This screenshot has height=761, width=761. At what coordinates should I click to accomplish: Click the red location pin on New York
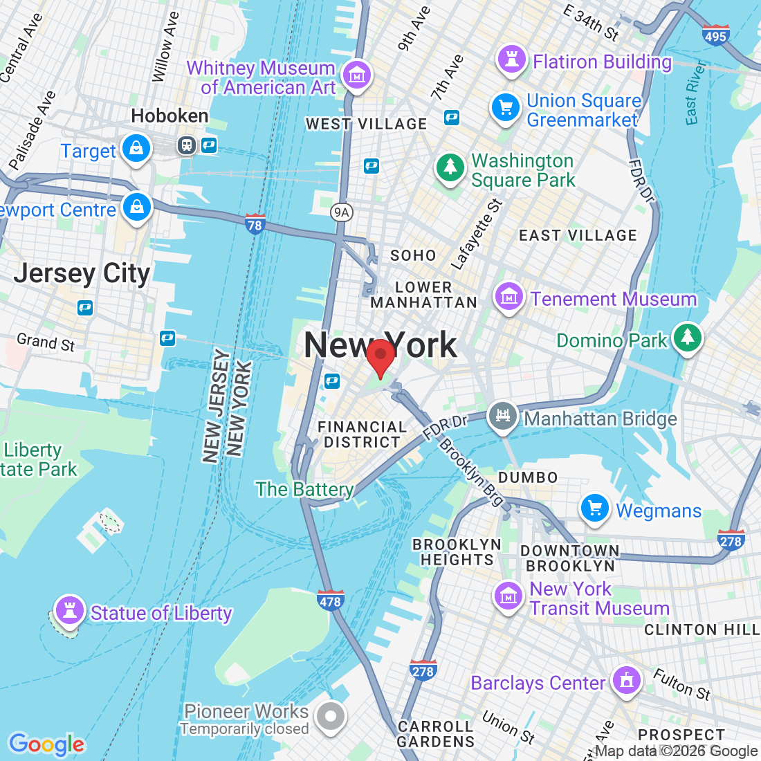coord(380,356)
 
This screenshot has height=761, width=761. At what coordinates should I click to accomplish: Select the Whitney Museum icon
coord(357,75)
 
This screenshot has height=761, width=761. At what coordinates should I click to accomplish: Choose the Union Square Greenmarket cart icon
coord(506,108)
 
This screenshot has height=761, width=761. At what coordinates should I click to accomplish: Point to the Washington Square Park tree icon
coord(450,168)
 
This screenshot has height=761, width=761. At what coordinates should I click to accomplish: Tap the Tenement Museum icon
coord(509,297)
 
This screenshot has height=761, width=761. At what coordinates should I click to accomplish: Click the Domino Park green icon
coord(687,338)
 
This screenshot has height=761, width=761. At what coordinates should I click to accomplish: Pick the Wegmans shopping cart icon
coord(594,509)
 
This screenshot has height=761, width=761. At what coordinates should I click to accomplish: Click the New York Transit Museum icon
coord(508,596)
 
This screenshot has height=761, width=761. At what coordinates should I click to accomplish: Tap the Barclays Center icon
coord(626,681)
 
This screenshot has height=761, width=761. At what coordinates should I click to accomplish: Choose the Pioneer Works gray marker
coord(331,717)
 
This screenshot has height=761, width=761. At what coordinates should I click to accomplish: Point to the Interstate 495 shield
coord(715,35)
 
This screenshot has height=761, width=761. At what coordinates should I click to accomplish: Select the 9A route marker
coord(340,212)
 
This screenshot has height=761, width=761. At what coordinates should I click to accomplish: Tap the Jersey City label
coord(82,274)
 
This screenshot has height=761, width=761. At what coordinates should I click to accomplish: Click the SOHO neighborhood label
coord(413,255)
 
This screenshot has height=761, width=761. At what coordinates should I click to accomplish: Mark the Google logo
coord(46,744)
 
